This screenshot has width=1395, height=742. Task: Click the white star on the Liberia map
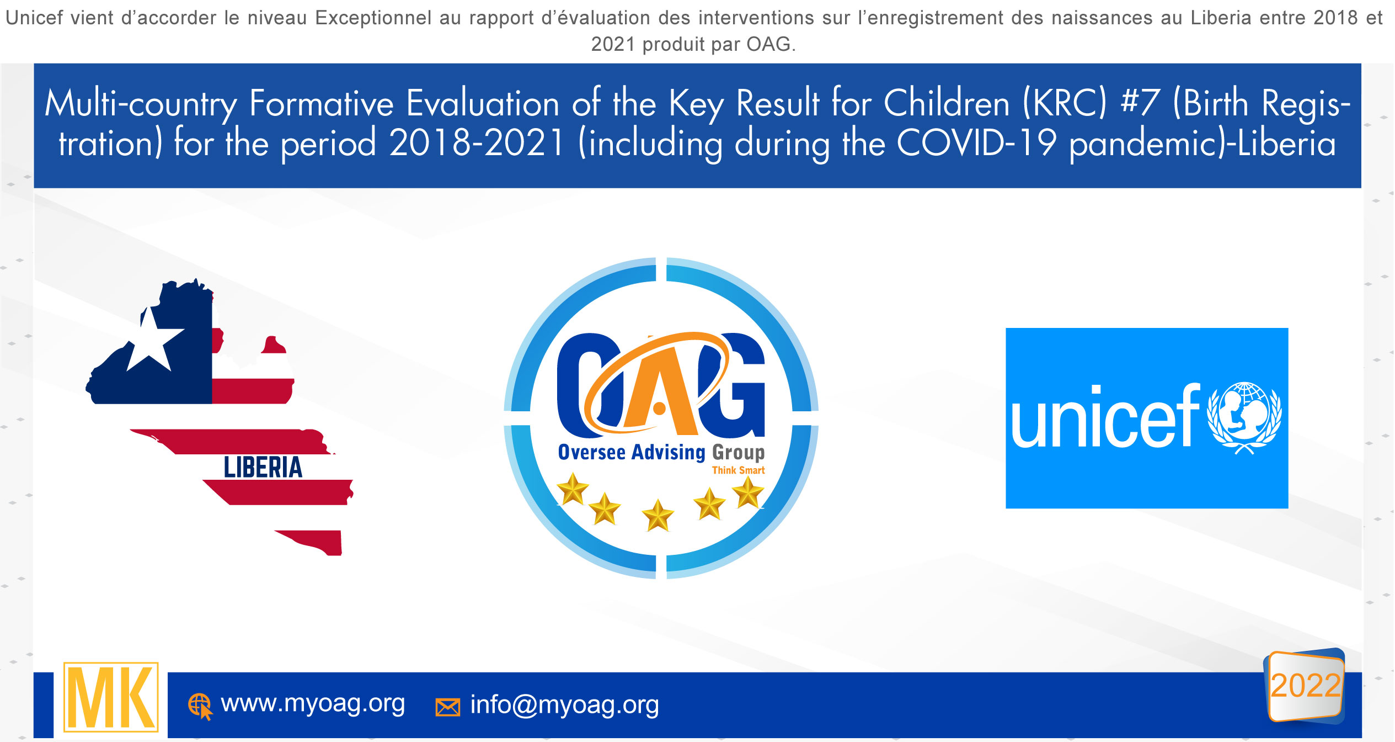(x=153, y=340)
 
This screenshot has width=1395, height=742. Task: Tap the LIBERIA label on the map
(x=263, y=467)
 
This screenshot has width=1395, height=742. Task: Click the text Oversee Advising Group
(x=661, y=452)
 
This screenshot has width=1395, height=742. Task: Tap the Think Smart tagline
(x=738, y=470)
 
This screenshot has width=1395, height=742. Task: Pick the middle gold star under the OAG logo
(x=658, y=516)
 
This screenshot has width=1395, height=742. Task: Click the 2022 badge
(x=1305, y=685)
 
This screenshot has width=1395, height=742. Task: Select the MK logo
(x=111, y=697)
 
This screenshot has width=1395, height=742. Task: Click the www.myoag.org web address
(x=313, y=704)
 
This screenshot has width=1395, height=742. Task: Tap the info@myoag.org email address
(x=564, y=705)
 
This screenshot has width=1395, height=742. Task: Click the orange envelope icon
(x=448, y=707)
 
